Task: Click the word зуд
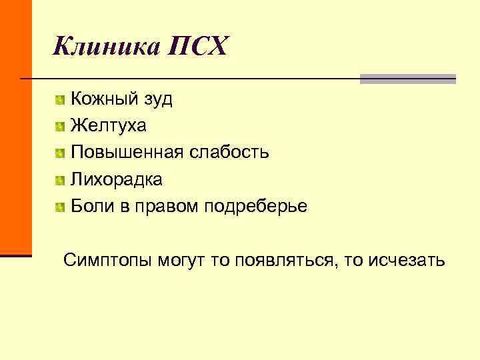click(x=158, y=100)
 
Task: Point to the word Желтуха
click(x=109, y=126)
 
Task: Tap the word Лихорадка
click(x=117, y=179)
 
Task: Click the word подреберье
click(x=261, y=207)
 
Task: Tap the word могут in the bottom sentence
click(x=181, y=259)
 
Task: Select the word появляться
click(x=283, y=259)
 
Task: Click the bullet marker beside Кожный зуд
click(x=61, y=101)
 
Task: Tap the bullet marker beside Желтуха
click(x=61, y=127)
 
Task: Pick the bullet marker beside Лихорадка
click(x=61, y=180)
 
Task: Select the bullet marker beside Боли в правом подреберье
click(x=61, y=207)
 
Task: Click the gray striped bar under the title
click(x=407, y=79)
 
